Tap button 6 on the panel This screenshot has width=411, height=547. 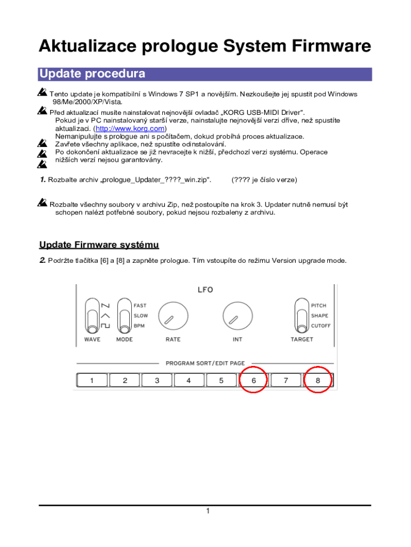tap(254, 380)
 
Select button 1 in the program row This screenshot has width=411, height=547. tap(92, 380)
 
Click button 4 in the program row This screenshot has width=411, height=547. tap(189, 380)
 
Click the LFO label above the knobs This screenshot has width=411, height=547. tap(205, 290)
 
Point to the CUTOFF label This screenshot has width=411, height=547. tap(321, 325)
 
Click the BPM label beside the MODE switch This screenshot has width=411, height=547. tap(139, 325)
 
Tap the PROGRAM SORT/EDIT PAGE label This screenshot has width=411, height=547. tap(205, 363)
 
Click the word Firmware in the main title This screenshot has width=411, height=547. tap(330, 46)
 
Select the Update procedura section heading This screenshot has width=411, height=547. tap(92, 74)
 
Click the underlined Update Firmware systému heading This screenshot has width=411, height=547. tap(99, 245)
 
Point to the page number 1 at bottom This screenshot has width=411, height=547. tap(207, 512)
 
